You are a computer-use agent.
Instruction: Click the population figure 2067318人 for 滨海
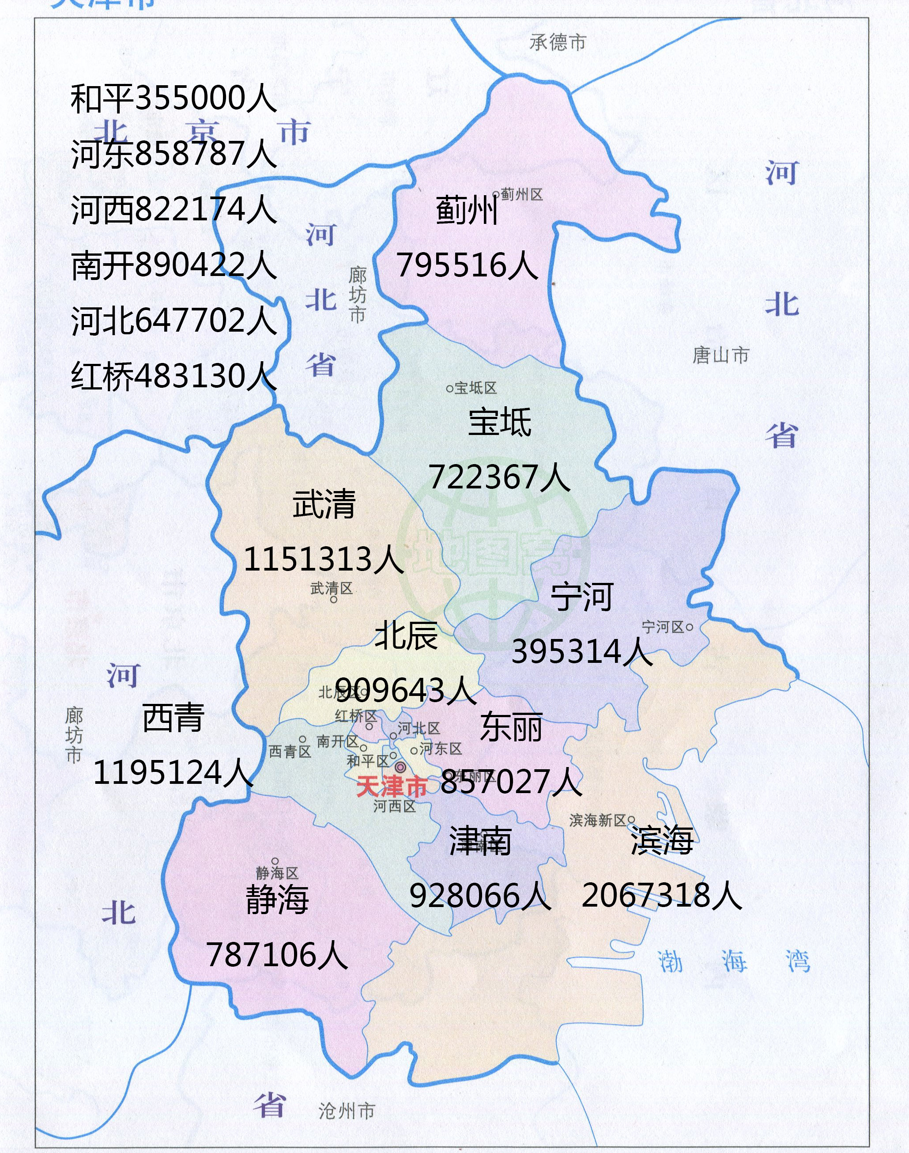[x=661, y=896]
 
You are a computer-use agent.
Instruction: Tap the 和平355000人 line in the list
[x=174, y=98]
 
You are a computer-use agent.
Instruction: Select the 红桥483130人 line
[x=174, y=376]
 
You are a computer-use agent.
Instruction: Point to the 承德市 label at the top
[x=557, y=42]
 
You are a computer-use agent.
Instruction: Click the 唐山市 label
[x=720, y=355]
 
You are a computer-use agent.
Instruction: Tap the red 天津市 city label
[x=391, y=786]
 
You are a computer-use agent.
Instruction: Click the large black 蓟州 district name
[x=466, y=210]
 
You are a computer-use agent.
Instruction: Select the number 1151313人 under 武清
[x=323, y=559]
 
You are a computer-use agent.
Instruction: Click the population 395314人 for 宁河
[x=582, y=651]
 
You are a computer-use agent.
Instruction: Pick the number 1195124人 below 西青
[x=173, y=772]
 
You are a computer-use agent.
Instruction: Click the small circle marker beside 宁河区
[x=689, y=627]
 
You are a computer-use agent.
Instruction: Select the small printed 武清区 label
[x=331, y=588]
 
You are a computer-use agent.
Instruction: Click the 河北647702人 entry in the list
[x=174, y=321]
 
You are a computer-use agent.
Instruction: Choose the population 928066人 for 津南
[x=479, y=896]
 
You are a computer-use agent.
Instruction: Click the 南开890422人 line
[x=174, y=265]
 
